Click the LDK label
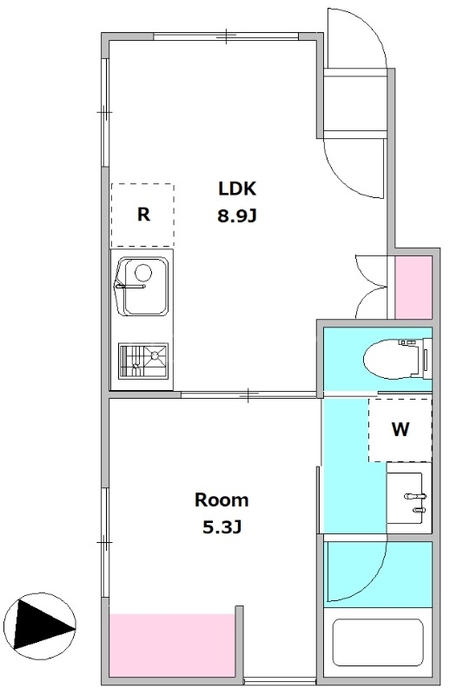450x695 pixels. [237, 189]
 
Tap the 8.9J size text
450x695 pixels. [237, 216]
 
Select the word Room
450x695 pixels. [222, 500]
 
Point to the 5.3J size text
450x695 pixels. [222, 527]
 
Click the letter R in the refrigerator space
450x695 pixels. [143, 215]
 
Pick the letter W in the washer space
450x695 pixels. [400, 429]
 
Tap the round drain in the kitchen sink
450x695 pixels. [143, 273]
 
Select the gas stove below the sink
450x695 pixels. [143, 361]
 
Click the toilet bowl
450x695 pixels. [391, 359]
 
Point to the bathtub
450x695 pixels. [378, 642]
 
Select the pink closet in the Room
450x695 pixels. [171, 645]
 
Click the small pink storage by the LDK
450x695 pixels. [414, 288]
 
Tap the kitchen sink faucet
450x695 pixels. [130, 286]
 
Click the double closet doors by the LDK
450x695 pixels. [372, 287]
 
